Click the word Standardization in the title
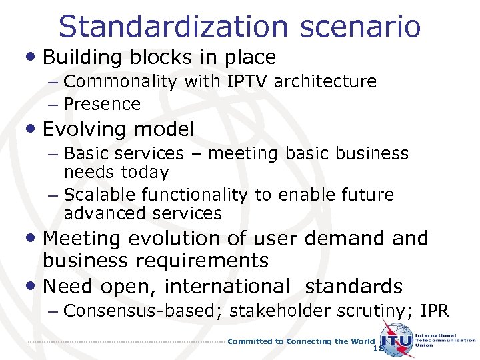click(172, 26)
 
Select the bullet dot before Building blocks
click(34, 57)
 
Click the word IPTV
click(249, 82)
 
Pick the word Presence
click(102, 105)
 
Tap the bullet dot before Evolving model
click(34, 129)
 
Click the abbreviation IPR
click(435, 311)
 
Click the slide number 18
click(379, 349)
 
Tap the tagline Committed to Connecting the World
click(301, 341)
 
